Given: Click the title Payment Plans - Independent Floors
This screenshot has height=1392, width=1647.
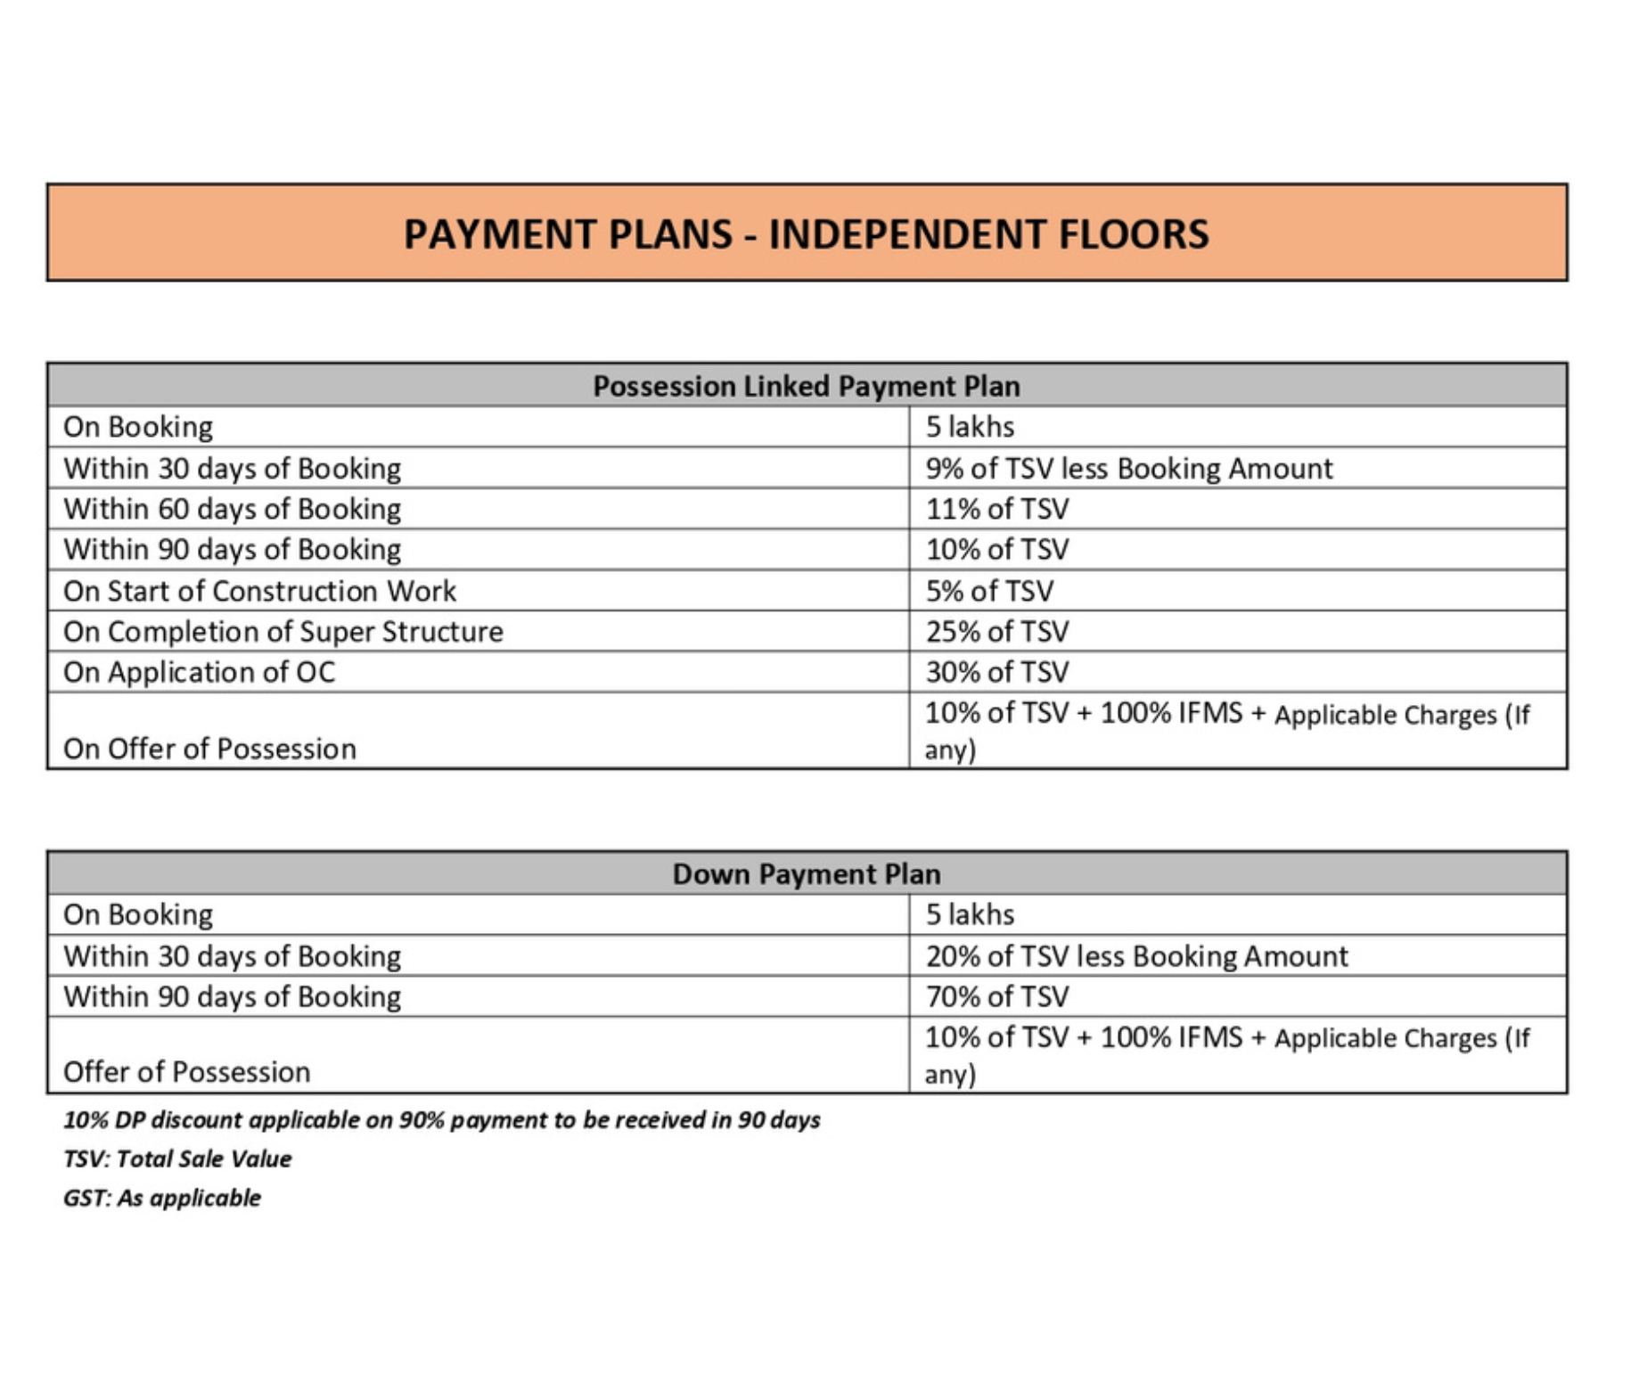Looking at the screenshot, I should pos(806,234).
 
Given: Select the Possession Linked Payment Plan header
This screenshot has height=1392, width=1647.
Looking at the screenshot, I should pos(806,386).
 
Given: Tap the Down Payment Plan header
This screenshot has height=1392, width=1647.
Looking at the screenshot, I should pos(806,873).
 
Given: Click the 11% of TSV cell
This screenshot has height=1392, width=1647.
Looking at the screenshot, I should pos(996,509).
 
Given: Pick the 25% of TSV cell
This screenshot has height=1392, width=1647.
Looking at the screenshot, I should pos(996,632).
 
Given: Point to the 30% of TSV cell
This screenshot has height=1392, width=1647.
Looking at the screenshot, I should pos(996,672).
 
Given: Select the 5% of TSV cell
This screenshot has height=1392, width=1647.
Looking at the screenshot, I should pos(989,591).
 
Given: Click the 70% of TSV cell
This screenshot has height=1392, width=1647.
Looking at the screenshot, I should pos(996,996).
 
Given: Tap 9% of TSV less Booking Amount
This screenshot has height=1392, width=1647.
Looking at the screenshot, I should pos(1128,469).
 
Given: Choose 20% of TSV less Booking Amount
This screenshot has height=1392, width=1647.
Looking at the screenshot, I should pos(1136,956).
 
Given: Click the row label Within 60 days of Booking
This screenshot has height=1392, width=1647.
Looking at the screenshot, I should pos(232,509).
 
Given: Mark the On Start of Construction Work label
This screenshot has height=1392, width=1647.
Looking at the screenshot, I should pos(259,591).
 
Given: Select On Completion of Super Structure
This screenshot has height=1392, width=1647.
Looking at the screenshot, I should pos(283,632).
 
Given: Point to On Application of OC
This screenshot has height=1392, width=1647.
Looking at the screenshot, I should pos(199,672).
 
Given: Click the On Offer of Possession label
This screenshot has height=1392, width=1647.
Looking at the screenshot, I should pos(209,749).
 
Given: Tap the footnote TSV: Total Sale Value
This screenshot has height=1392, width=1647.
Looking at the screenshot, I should pos(177,1159).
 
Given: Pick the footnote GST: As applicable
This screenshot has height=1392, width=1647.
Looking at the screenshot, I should pos(162,1198).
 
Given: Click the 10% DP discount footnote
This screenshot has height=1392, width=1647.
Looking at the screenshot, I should pos(441,1119).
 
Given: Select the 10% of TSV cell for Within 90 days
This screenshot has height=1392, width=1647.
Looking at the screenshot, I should pos(996,550).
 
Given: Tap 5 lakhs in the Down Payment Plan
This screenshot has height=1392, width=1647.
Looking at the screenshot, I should pos(970,914).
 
